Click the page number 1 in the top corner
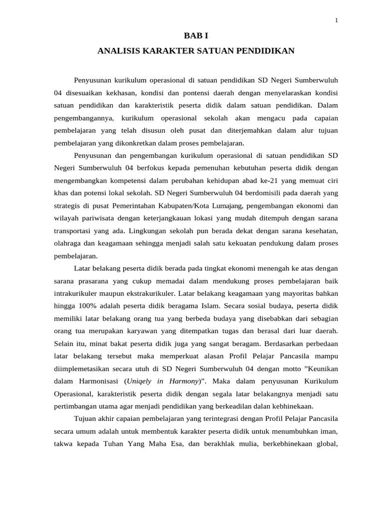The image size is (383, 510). pyautogui.click(x=337, y=20)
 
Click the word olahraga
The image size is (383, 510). pyautogui.click(x=68, y=243)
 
